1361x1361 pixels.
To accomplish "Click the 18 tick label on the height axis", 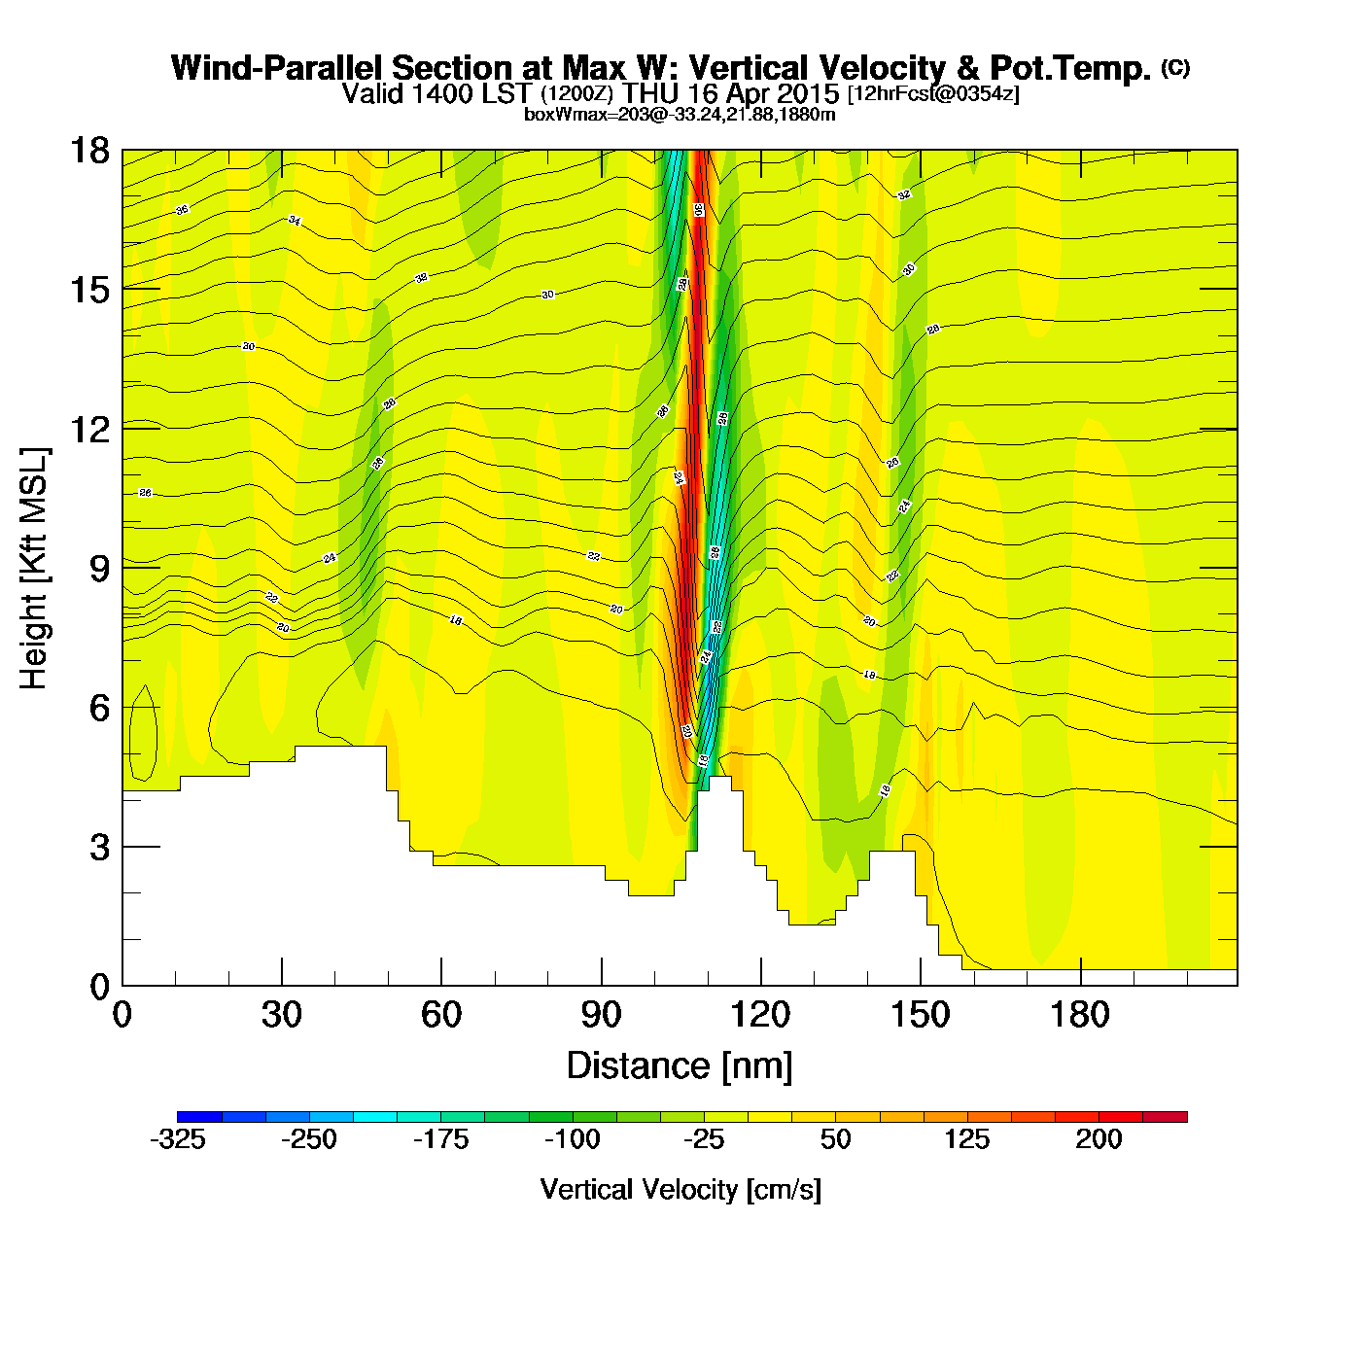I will click(88, 151).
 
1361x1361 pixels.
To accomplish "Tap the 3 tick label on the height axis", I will click(100, 848).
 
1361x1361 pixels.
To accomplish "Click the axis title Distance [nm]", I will click(680, 1066).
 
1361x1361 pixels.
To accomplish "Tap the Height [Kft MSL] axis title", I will click(34, 569).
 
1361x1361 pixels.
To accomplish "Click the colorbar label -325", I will click(178, 1139).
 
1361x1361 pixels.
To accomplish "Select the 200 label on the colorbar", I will click(1099, 1139).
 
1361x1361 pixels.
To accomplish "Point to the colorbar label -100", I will click(572, 1139).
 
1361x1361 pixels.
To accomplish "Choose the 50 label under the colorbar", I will click(835, 1139).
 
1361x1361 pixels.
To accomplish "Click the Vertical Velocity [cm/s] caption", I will click(680, 1189).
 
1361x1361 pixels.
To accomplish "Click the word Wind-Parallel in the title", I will click(278, 68).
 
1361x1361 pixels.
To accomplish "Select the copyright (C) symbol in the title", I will click(1174, 67).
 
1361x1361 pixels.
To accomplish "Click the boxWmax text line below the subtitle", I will click(680, 114).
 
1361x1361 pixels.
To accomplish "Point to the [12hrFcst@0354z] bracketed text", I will click(933, 94).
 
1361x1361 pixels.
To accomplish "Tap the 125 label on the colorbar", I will click(966, 1139).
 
